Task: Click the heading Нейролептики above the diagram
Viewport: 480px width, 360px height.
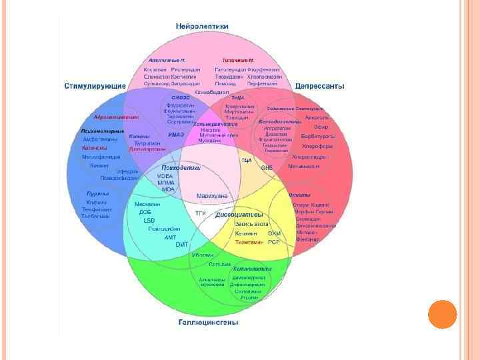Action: point(203,26)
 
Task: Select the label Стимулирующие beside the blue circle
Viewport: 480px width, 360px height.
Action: point(95,86)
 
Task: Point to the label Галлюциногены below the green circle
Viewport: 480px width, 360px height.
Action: point(208,323)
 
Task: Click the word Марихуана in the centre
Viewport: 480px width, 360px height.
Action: point(213,195)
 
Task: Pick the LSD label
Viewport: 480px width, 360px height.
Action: point(149,220)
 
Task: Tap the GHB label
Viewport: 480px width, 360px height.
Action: point(267,167)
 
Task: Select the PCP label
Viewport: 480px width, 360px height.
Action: point(274,242)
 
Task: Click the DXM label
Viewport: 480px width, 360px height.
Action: point(274,233)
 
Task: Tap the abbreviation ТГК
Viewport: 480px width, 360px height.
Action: point(200,213)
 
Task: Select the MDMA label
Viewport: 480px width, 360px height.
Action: point(166,182)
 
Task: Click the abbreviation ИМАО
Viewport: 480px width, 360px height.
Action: point(176,135)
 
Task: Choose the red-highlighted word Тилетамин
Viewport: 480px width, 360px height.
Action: point(249,242)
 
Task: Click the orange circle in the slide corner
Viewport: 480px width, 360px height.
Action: point(441,314)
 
